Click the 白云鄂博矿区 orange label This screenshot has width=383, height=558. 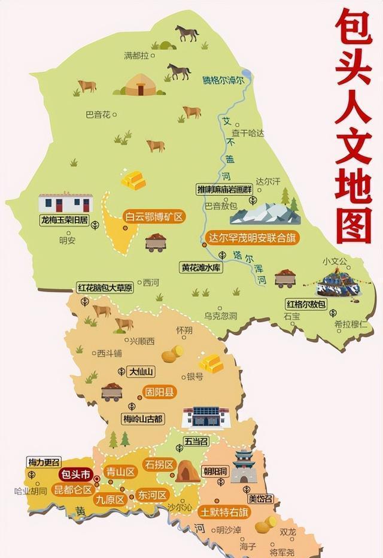[x=153, y=217]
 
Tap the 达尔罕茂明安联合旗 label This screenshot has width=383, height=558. [x=250, y=237]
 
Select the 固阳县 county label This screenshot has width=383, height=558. [x=158, y=393]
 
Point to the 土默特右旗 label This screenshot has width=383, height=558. [x=225, y=512]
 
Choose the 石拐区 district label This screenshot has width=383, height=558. [x=159, y=465]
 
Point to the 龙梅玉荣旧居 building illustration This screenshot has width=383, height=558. [x=65, y=203]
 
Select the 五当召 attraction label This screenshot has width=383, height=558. [x=179, y=442]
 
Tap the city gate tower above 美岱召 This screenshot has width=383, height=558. [x=244, y=466]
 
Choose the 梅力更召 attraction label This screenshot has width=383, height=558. [x=44, y=462]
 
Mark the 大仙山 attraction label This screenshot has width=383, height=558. [x=141, y=372]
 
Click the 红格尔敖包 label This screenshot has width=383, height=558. [x=305, y=305]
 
